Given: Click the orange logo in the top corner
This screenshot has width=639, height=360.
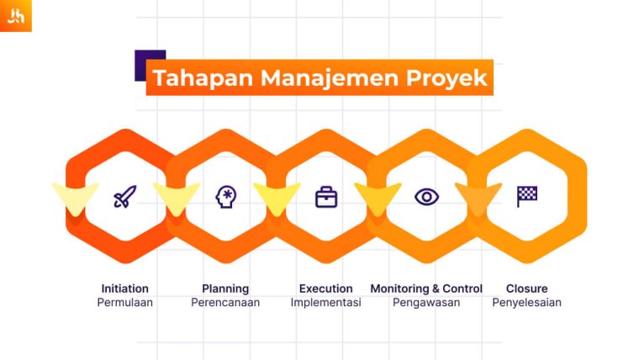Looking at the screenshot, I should click(15, 15).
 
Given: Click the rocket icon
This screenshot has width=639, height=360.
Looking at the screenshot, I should click(124, 198).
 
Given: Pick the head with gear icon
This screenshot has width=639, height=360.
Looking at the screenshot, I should click(225, 198).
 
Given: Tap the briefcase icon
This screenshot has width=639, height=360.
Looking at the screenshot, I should click(326, 198).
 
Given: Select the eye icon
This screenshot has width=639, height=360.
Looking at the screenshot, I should click(426, 198).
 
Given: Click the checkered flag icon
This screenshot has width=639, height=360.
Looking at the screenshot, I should click(527, 196).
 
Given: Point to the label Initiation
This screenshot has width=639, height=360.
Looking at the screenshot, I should click(124, 289).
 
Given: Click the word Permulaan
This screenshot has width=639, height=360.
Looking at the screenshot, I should click(124, 303).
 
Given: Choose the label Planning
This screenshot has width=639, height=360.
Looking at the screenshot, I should click(225, 289).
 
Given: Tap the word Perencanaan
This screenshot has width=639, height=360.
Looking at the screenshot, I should click(225, 303).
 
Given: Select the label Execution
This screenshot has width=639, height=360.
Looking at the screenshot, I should click(325, 289).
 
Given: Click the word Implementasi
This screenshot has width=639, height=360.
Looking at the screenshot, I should click(325, 303).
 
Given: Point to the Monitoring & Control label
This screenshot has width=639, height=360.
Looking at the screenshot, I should click(426, 289).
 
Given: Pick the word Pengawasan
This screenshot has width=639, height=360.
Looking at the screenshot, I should click(426, 303).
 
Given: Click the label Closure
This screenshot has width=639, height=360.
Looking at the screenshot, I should click(527, 289).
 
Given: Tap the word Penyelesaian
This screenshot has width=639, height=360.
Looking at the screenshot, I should click(527, 303).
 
